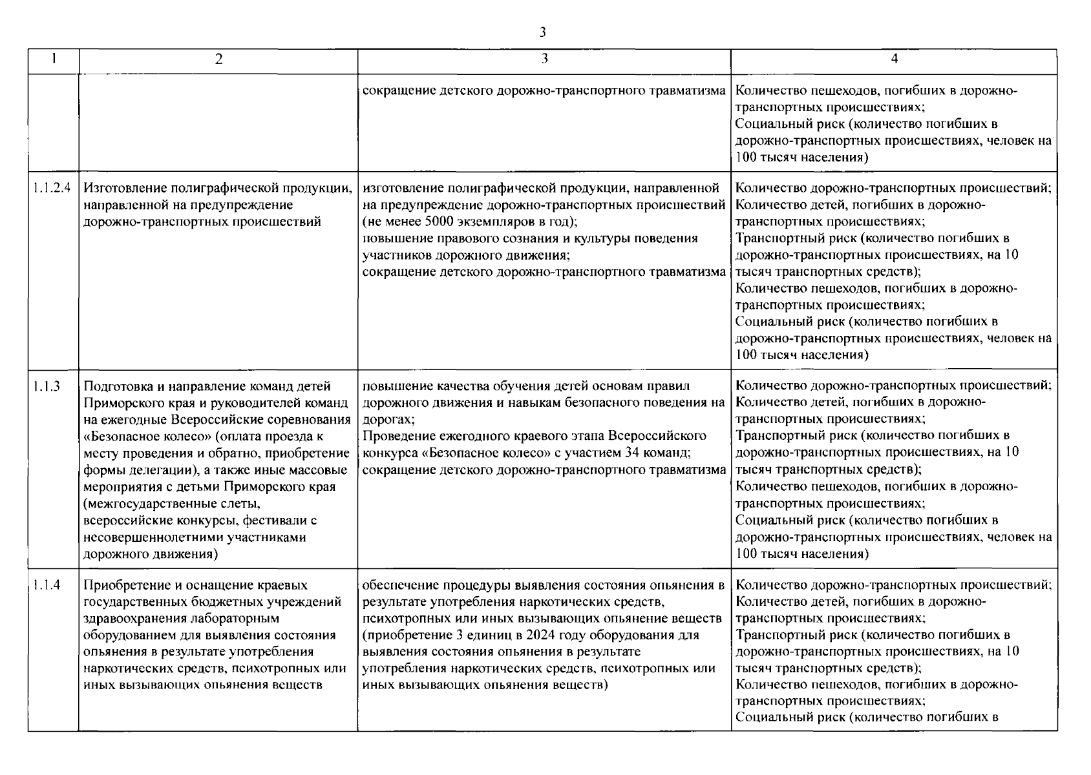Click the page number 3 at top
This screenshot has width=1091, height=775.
(x=543, y=32)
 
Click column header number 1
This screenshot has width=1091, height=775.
(x=53, y=59)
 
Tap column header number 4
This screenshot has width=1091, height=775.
(x=894, y=59)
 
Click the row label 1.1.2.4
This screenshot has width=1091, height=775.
(x=52, y=189)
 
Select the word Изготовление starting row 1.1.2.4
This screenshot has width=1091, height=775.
(x=123, y=189)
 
